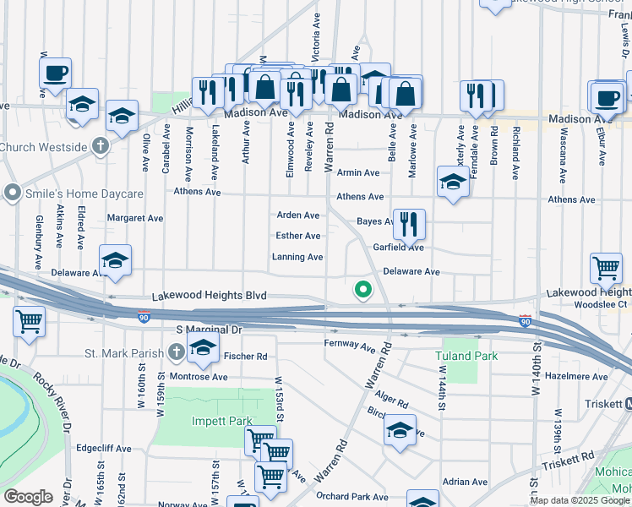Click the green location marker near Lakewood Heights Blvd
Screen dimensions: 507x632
(x=363, y=290)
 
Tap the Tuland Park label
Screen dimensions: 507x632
(x=467, y=356)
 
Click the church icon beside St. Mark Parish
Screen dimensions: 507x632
(x=176, y=351)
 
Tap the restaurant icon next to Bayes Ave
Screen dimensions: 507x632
(x=409, y=224)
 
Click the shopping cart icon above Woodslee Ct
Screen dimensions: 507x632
(x=606, y=269)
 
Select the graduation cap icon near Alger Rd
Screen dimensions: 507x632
(x=400, y=430)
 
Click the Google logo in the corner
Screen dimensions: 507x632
(x=29, y=497)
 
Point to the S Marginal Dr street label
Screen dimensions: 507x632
(x=209, y=329)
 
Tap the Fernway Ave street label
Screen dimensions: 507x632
(x=350, y=346)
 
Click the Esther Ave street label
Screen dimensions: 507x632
(x=299, y=236)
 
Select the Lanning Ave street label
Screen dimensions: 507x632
(x=297, y=257)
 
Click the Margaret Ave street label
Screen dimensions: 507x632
(x=135, y=218)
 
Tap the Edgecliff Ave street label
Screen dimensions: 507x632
(x=104, y=448)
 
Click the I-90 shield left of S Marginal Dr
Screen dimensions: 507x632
(x=144, y=317)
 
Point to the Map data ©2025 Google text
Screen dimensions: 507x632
(x=580, y=500)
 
